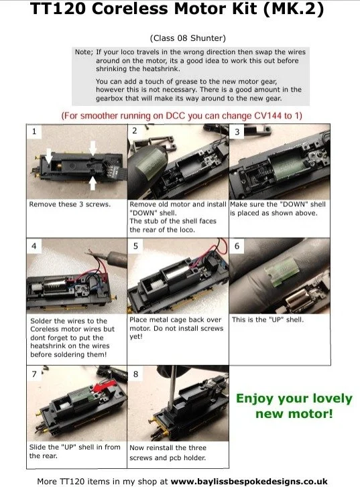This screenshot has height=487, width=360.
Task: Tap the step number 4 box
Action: click(35, 247)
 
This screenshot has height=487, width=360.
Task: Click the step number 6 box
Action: click(238, 247)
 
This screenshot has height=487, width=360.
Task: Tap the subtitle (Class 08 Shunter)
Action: click(180, 38)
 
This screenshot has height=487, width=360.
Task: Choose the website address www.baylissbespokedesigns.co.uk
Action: click(249, 480)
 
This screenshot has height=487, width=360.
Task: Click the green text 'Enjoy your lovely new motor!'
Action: click(293, 407)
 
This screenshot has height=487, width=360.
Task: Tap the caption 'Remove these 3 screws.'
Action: click(61, 204)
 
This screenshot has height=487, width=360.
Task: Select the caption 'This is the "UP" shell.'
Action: click(267, 320)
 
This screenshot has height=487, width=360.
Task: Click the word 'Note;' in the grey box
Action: click(84, 52)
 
